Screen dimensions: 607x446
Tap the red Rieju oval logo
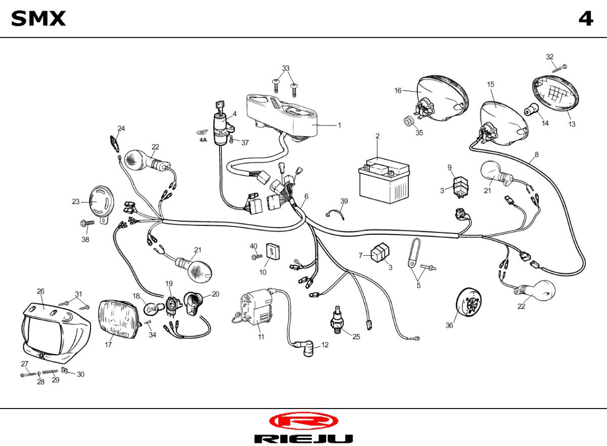(x=303, y=421)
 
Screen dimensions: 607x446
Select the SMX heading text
(x=38, y=18)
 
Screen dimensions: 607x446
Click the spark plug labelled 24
(x=115, y=144)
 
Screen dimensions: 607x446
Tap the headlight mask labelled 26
(x=56, y=333)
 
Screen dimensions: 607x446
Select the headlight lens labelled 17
(x=119, y=319)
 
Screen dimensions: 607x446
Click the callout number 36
(x=449, y=326)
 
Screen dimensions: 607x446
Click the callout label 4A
(x=203, y=140)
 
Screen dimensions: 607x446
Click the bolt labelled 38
(x=87, y=223)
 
